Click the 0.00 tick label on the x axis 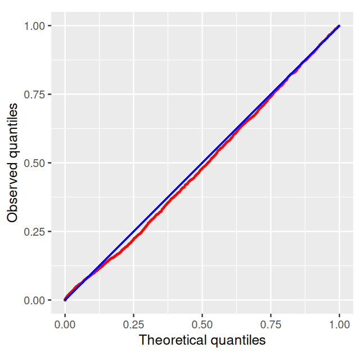[65, 326]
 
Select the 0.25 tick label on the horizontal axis [133, 326]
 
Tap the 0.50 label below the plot [202, 326]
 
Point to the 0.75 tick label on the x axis [271, 326]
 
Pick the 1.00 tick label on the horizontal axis [339, 326]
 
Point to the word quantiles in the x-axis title [237, 340]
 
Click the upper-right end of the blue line [339, 26]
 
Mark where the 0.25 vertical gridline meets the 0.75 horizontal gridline [133, 94]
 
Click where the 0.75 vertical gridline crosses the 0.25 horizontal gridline [271, 232]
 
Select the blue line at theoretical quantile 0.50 [202, 163]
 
